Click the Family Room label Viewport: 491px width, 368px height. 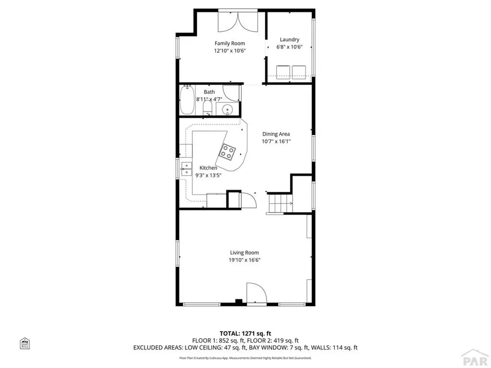pyautogui.click(x=230, y=44)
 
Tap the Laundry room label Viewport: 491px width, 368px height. pyautogui.click(x=288, y=40)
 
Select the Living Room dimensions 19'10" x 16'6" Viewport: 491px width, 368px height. pyautogui.click(x=245, y=260)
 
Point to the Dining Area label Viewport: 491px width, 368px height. pyautogui.click(x=276, y=134)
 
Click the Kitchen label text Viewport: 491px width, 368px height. pyautogui.click(x=209, y=168)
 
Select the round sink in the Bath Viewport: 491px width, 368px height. pyautogui.click(x=225, y=110)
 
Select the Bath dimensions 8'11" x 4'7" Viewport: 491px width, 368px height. pyautogui.click(x=209, y=99)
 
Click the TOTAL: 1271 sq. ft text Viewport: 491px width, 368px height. pyautogui.click(x=245, y=333)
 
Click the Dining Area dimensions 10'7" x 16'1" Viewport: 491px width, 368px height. pyautogui.click(x=276, y=141)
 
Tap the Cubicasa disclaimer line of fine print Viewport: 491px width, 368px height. pyautogui.click(x=245, y=358)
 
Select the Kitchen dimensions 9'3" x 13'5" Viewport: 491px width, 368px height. pyautogui.click(x=209, y=175)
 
